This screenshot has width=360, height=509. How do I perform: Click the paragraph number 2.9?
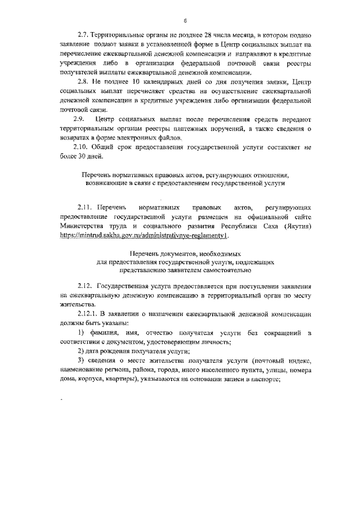79,120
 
